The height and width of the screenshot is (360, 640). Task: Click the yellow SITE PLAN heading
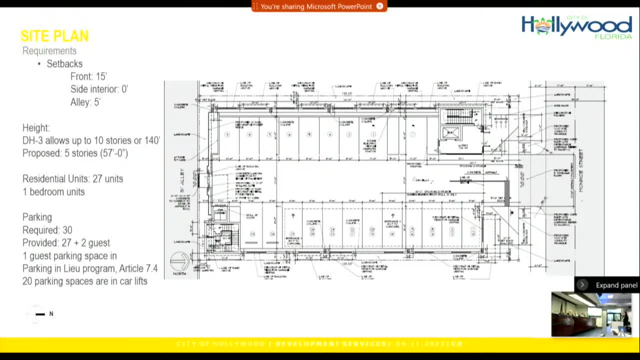click(54, 36)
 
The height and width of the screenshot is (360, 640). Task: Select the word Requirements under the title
click(49, 51)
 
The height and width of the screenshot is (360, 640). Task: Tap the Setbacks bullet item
click(64, 64)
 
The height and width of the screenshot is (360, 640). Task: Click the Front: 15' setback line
click(88, 76)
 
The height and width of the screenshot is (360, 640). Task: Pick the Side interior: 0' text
click(99, 89)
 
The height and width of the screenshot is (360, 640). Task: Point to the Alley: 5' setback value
click(85, 102)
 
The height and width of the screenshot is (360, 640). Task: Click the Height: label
click(36, 128)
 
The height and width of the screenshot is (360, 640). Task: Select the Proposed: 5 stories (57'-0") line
click(75, 153)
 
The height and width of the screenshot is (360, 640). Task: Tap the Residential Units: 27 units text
click(72, 179)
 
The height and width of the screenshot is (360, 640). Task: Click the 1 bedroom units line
click(53, 192)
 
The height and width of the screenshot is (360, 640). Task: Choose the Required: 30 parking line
click(47, 230)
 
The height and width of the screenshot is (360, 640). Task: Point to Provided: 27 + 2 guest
click(66, 243)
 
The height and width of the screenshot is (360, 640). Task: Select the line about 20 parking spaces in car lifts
click(84, 281)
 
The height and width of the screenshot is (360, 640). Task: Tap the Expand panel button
click(610, 285)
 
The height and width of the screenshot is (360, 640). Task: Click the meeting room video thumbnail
click(591, 314)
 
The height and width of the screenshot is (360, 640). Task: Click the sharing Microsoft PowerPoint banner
click(318, 6)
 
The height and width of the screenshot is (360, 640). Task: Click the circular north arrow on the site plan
click(180, 261)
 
